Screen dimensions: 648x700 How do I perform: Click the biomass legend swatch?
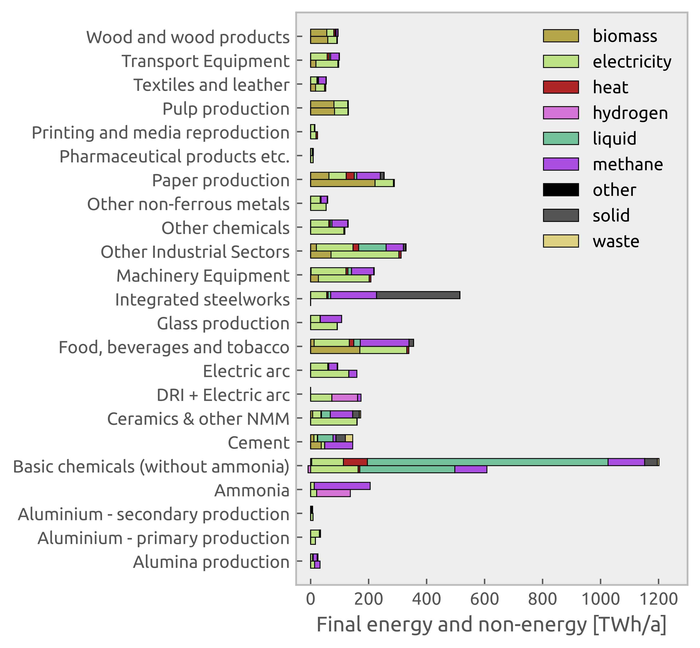(x=561, y=36)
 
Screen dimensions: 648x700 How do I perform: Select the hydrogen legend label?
(x=630, y=113)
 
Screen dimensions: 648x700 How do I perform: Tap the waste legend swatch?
(x=561, y=241)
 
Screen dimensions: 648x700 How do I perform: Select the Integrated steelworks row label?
(x=202, y=300)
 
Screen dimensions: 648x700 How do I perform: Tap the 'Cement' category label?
(x=259, y=443)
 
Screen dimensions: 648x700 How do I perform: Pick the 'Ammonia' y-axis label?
(x=252, y=491)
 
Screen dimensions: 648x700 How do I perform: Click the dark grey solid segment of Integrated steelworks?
(x=418, y=295)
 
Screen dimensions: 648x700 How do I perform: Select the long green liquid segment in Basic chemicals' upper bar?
(x=487, y=462)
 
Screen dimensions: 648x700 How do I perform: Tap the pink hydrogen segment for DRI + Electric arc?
(x=344, y=398)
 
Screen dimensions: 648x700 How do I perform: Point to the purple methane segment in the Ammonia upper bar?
(x=342, y=486)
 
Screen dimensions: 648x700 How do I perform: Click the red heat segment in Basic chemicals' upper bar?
(x=355, y=462)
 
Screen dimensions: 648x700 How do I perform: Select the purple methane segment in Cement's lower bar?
(x=338, y=445)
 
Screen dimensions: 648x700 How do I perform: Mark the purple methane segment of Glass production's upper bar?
(x=331, y=319)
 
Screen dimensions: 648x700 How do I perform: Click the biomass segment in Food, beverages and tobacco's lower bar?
(x=335, y=350)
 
